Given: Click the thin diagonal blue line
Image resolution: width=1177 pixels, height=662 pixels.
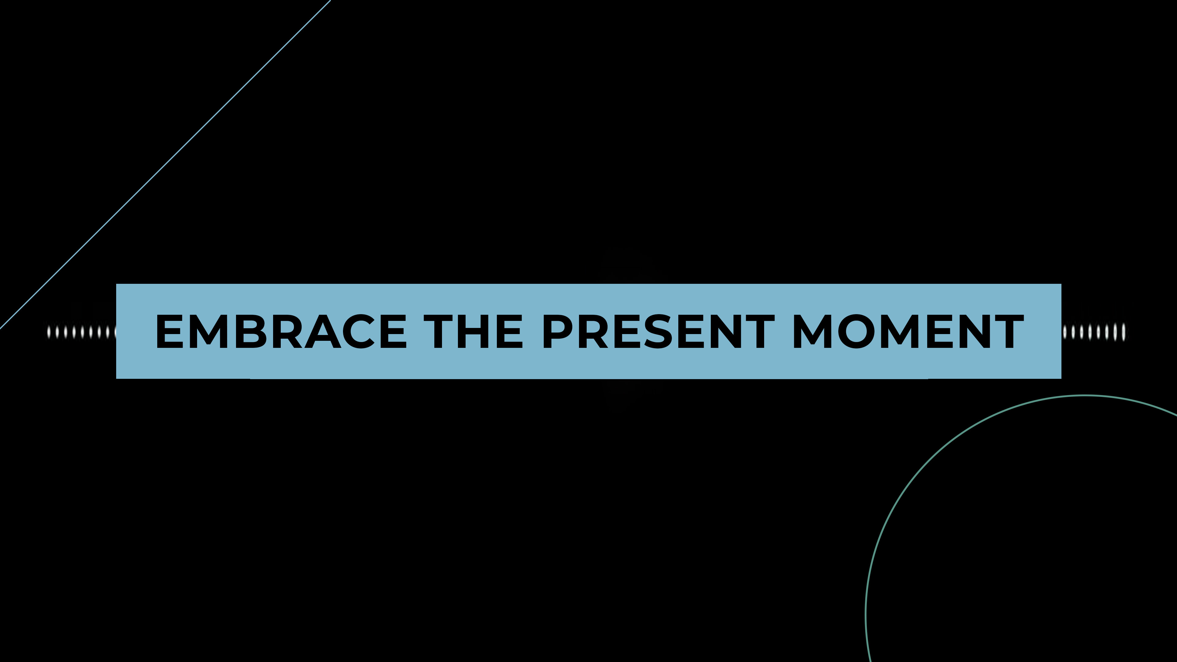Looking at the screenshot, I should coord(165,165).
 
